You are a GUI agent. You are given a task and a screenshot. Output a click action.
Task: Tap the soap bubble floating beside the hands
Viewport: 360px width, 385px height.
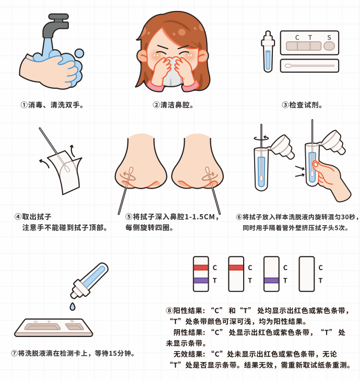point(79,53)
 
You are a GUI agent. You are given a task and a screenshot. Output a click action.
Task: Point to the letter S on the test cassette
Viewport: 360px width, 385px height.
point(329,38)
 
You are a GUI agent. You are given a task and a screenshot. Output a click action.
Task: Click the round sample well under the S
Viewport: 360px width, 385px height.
point(329,46)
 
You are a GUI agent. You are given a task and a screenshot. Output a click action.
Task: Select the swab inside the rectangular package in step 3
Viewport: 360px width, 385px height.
point(309,65)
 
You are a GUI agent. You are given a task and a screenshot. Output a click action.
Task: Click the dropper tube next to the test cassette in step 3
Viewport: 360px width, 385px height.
point(268,52)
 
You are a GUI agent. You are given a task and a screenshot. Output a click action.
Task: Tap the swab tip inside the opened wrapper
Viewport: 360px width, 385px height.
point(66,168)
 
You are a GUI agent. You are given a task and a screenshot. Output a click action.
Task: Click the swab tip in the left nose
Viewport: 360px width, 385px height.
point(131,171)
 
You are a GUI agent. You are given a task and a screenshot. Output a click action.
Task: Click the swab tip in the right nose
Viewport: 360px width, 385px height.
point(208,171)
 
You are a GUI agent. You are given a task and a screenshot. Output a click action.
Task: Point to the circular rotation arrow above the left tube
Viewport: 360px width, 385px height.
point(261,139)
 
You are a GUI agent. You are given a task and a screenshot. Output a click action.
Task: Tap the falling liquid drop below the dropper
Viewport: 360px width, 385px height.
point(73,307)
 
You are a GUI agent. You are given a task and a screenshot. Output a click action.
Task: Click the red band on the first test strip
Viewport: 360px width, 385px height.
point(201,267)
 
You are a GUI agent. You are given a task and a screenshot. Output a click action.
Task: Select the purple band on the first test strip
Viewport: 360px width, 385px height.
point(201,281)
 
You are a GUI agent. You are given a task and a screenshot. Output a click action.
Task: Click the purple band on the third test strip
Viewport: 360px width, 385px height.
point(271,281)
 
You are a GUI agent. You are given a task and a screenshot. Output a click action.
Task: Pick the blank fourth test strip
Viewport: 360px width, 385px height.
point(307,274)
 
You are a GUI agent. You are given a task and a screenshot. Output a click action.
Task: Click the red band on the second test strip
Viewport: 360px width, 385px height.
point(236,267)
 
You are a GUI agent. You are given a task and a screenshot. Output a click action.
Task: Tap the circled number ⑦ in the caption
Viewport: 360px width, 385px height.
point(15,354)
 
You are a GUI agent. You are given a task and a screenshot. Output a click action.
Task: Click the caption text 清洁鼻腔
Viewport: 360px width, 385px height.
point(175,105)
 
